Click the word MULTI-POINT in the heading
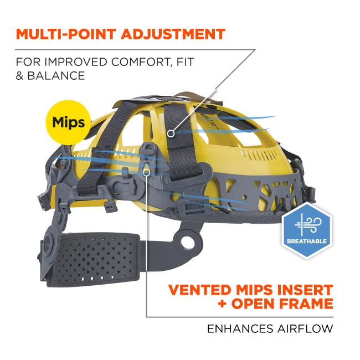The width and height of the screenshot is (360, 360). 66,34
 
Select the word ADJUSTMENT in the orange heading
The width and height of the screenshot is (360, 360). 173,34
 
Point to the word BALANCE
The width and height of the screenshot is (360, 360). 56,76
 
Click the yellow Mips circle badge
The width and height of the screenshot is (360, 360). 69,122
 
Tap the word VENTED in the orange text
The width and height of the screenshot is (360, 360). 199,290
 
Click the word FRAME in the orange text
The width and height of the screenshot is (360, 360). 306,304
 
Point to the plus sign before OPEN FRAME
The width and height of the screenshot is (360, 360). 222,304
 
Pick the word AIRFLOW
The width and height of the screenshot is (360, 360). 305,328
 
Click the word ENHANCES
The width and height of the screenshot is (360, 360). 240,328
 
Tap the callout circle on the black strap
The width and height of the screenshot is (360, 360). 171,133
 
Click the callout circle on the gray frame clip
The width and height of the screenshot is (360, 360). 146,172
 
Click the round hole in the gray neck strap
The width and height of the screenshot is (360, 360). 187,242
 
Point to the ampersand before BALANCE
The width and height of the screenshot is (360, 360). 20,76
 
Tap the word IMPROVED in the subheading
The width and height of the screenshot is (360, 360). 76,62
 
